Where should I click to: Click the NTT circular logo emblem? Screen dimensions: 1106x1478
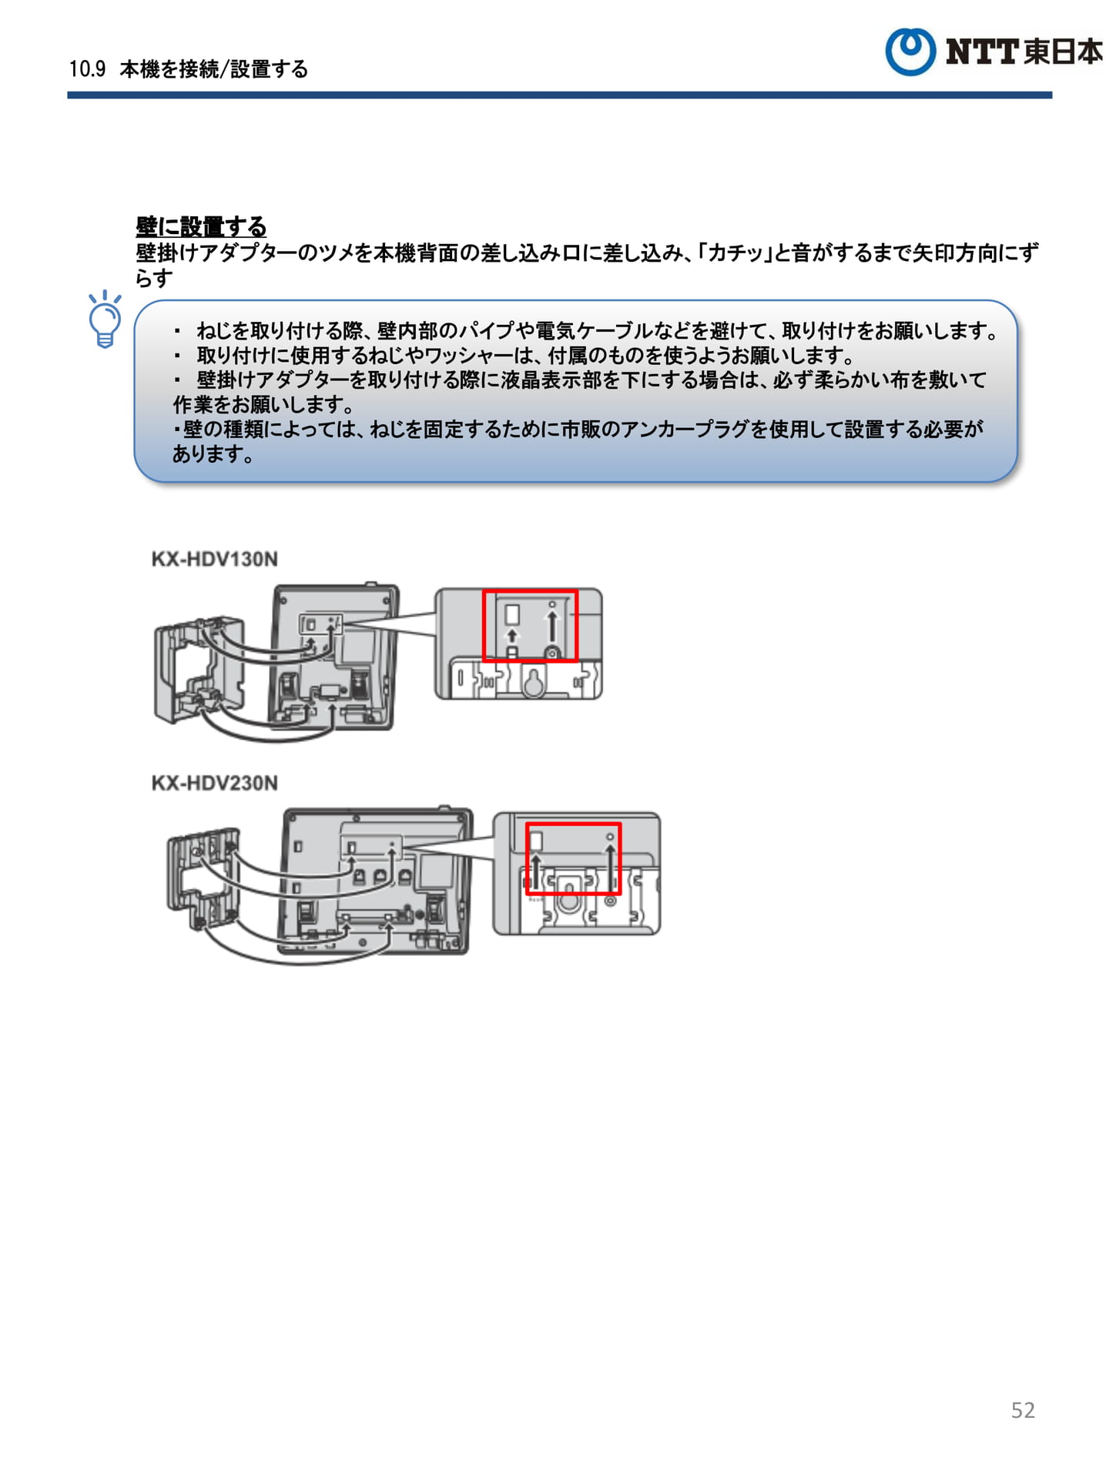click(x=910, y=52)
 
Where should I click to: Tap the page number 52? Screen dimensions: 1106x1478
click(x=1023, y=1409)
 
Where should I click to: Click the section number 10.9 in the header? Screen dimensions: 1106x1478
click(x=87, y=69)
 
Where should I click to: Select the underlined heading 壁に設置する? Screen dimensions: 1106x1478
click(x=201, y=226)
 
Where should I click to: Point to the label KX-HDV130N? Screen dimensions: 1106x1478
click(x=214, y=559)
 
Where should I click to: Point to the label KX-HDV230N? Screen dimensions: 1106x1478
click(x=214, y=783)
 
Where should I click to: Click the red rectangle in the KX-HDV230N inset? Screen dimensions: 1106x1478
click(x=574, y=824)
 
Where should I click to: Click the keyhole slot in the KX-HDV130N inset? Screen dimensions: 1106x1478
click(x=533, y=680)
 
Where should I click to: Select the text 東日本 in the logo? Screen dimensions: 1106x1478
click(x=1063, y=52)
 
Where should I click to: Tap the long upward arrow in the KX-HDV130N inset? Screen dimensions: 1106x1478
click(x=551, y=627)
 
